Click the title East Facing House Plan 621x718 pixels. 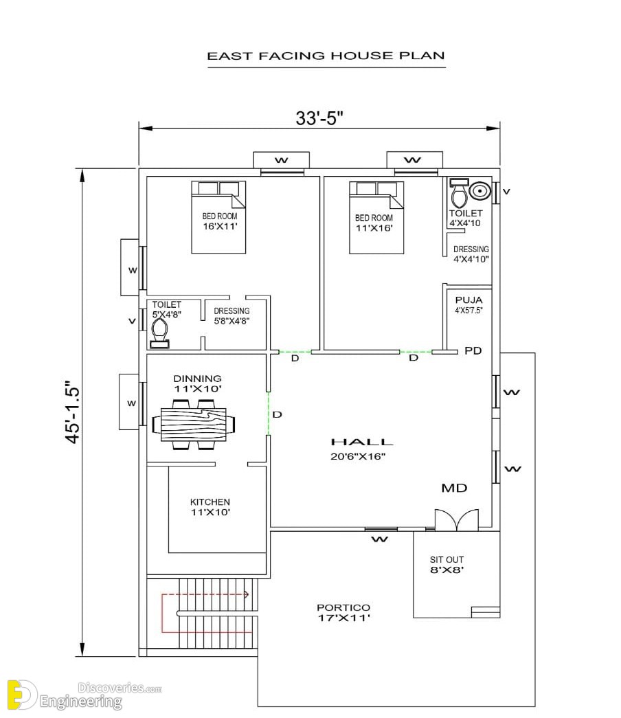click(326, 56)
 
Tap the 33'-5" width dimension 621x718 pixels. click(319, 118)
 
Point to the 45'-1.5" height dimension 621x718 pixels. click(73, 412)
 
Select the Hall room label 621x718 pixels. click(362, 442)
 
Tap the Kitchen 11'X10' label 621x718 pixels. click(210, 507)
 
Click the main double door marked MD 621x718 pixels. click(457, 520)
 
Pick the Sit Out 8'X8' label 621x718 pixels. click(447, 565)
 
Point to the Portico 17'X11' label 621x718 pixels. click(343, 613)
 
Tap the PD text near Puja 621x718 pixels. click(473, 351)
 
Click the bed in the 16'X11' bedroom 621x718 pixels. click(218, 217)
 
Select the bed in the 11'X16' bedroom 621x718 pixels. click(376, 218)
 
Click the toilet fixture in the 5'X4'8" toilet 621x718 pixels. click(159, 333)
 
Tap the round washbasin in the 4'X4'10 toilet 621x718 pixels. click(479, 191)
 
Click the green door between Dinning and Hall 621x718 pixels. click(269, 414)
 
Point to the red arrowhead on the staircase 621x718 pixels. click(246, 595)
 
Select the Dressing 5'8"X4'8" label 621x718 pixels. click(232, 316)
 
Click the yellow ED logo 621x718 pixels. click(21, 695)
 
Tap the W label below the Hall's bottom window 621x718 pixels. click(380, 539)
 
